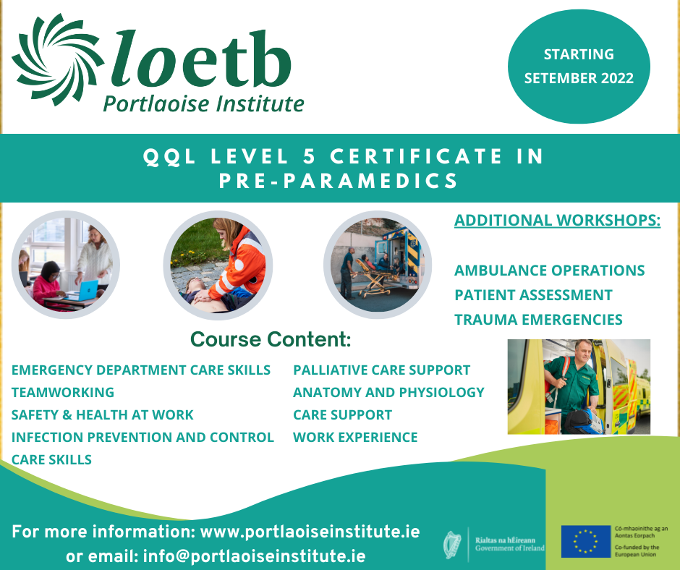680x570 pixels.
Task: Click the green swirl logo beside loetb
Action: coord(58,60)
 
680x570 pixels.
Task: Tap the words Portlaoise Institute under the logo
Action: coord(203,104)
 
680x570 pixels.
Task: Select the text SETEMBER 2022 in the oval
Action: coord(579,78)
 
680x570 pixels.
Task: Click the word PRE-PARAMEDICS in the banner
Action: coord(339,181)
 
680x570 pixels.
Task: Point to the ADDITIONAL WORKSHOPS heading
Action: coord(557,220)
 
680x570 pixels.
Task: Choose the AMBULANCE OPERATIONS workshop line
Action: coord(550,271)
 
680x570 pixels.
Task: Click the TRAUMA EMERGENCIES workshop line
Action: coord(538,319)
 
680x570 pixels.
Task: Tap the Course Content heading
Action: coord(270,339)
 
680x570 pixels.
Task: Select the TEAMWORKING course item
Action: coord(63,392)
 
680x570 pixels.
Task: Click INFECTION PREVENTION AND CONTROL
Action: coord(143,437)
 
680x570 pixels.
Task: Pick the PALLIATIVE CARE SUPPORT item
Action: coord(382,370)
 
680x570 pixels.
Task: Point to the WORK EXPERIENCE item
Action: coord(355,437)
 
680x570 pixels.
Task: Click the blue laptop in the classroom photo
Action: coord(86,289)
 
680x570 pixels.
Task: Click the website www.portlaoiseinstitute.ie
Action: coord(310,532)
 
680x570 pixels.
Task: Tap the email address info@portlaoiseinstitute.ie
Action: coord(254,556)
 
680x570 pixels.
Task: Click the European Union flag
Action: coord(585,541)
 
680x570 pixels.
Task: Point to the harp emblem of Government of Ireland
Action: coord(451,544)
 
